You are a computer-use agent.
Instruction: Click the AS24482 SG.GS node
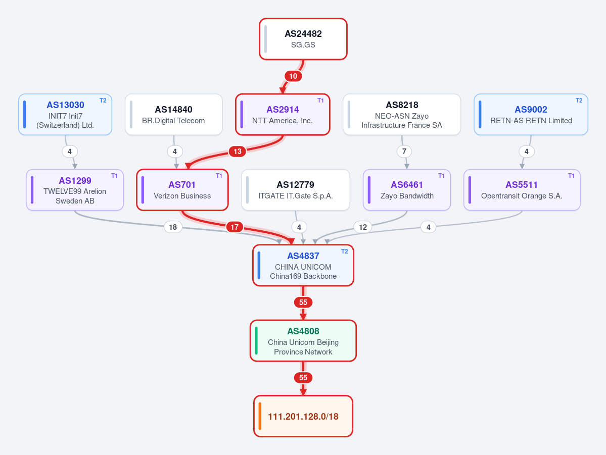303,39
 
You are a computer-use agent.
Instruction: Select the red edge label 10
293,76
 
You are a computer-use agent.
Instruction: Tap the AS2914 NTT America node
283,114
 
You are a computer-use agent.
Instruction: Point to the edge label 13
238,151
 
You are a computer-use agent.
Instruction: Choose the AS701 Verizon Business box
182,190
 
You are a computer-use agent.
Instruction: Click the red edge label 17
235,227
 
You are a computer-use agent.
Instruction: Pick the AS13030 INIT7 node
65,114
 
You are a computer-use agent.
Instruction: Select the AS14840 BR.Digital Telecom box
173,114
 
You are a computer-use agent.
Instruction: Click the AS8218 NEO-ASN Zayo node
401,114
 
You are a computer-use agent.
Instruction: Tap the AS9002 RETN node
531,114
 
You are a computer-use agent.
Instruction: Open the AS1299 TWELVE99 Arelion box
75,190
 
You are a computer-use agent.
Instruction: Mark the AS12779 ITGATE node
295,190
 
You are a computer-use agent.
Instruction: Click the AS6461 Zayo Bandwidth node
406,190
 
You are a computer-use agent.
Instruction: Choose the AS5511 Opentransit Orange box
522,190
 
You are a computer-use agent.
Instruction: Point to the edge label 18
173,227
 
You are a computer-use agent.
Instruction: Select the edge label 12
362,227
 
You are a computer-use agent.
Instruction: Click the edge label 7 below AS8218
404,151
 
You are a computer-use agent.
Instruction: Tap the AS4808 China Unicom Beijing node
303,341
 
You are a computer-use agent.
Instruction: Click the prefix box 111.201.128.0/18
303,416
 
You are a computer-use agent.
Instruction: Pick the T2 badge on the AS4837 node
344,251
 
